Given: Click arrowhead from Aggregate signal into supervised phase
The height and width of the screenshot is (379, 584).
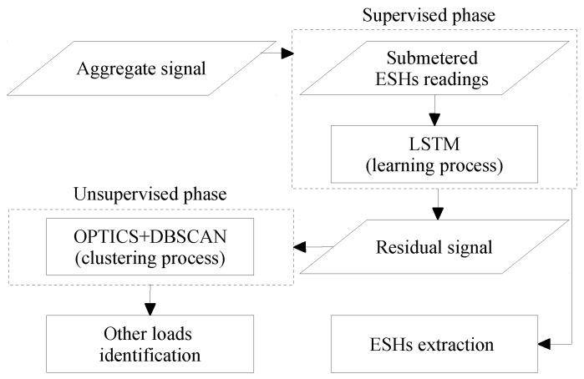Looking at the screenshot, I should pos(287,53).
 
